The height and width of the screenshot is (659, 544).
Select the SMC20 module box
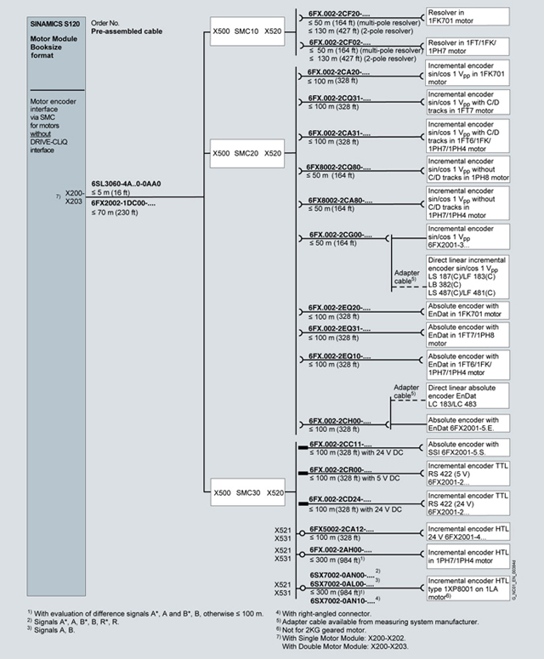pyautogui.click(x=247, y=154)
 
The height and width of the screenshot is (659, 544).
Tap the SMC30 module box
pyautogui.click(x=247, y=492)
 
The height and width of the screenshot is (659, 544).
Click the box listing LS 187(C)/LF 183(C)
pyautogui.click(x=467, y=276)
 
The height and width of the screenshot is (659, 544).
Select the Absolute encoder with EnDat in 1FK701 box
pyautogui.click(x=467, y=310)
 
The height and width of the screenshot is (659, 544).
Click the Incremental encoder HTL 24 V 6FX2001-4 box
pyautogui.click(x=467, y=531)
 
